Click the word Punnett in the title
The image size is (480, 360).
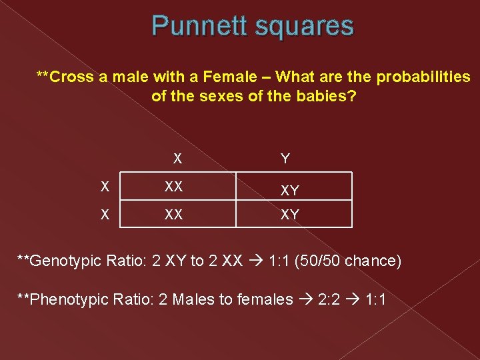[194, 26]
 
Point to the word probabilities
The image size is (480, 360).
[423, 77]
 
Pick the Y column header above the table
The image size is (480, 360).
[285, 159]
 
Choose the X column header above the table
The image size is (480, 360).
[177, 159]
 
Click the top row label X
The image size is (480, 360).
[105, 187]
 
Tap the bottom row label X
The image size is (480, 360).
[105, 215]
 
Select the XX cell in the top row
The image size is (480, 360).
[174, 187]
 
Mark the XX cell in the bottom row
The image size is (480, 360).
[174, 215]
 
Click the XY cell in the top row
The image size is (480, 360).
[289, 191]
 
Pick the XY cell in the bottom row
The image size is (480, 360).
[289, 215]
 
